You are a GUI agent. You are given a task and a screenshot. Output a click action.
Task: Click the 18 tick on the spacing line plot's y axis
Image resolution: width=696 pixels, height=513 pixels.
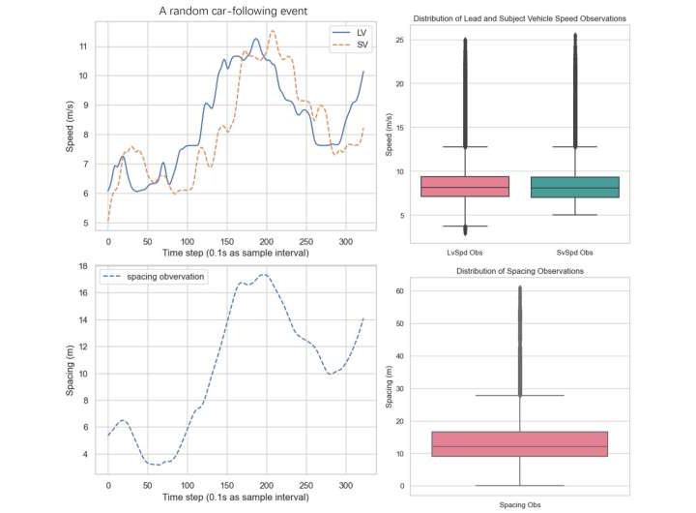[83, 266]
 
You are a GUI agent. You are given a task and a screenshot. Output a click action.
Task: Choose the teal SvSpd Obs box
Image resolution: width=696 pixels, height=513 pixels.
[575, 187]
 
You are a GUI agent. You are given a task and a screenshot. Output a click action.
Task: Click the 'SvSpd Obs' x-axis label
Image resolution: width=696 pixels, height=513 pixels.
[575, 255]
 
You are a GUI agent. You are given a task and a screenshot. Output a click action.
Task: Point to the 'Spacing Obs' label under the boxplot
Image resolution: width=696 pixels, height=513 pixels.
[520, 504]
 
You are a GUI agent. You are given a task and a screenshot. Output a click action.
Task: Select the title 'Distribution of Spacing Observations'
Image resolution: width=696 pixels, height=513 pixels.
[520, 271]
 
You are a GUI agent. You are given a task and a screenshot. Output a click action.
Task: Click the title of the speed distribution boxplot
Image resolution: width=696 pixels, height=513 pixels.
[520, 18]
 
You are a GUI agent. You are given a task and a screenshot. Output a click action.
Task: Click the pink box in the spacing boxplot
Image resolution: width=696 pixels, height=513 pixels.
[520, 443]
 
